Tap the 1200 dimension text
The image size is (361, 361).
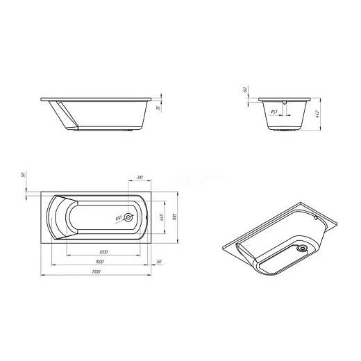pyautogui.click(x=103, y=250)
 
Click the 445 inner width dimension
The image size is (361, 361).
pyautogui.click(x=160, y=217)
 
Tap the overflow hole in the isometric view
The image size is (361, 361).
pyautogui.click(x=314, y=217)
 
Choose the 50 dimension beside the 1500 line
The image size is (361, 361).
pyautogui.click(x=159, y=261)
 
